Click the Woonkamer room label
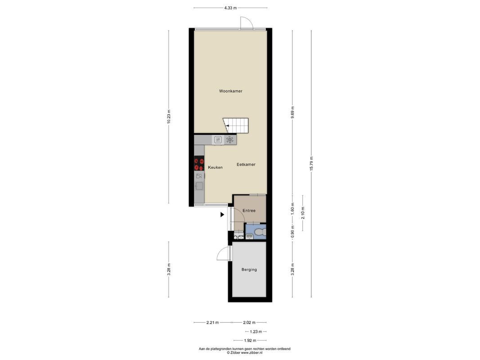click(231, 91)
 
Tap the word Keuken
click(215, 167)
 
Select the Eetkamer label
click(246, 165)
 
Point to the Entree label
click(249, 211)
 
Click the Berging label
click(249, 270)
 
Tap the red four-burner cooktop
click(199, 164)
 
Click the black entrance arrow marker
click(222, 215)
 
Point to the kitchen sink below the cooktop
click(199, 185)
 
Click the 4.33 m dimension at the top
click(230, 8)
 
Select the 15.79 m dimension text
click(311, 164)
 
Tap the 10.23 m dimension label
click(169, 117)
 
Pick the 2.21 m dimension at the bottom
click(212, 322)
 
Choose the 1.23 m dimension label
click(256, 332)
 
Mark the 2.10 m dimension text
click(303, 213)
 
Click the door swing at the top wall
click(246, 22)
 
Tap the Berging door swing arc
click(223, 254)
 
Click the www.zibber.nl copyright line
click(244, 353)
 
